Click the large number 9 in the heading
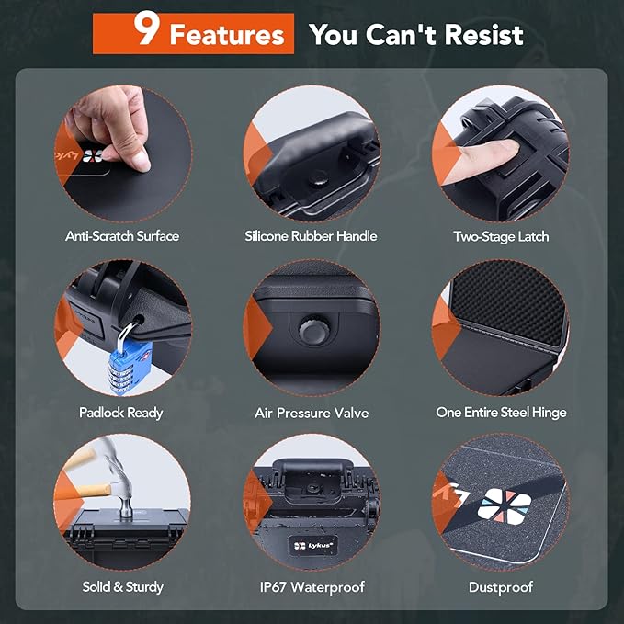pyautogui.click(x=147, y=28)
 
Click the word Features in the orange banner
pyautogui.click(x=227, y=35)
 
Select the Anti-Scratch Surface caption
pyautogui.click(x=122, y=236)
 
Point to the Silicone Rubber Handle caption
pyautogui.click(x=311, y=236)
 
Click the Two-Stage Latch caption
pyautogui.click(x=501, y=237)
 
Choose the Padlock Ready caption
pyautogui.click(x=121, y=413)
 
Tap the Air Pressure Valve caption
pyautogui.click(x=312, y=413)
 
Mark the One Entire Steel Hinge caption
pyautogui.click(x=501, y=413)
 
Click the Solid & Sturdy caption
pyautogui.click(x=122, y=587)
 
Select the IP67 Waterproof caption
pyautogui.click(x=312, y=587)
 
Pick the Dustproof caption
pyautogui.click(x=501, y=587)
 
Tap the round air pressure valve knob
pyautogui.click(x=314, y=330)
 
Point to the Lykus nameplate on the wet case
pyautogui.click(x=312, y=546)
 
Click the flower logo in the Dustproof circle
pyautogui.click(x=505, y=506)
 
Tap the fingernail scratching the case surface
pyautogui.click(x=142, y=165)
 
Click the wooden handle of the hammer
pyautogui.click(x=89, y=491)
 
